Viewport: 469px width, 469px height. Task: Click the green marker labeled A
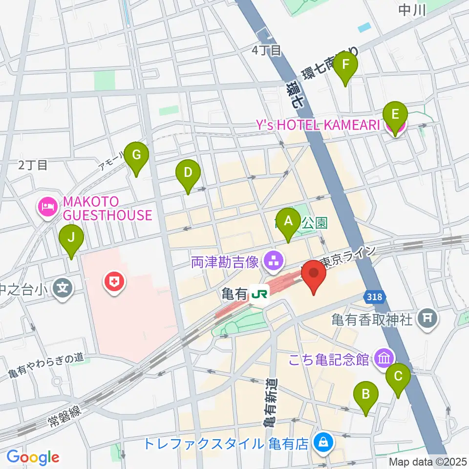(288, 221)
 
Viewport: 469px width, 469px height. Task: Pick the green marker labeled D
(188, 173)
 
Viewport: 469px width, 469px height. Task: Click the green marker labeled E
(396, 116)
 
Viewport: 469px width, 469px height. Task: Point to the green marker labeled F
(346, 65)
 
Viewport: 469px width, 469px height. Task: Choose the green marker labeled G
(136, 156)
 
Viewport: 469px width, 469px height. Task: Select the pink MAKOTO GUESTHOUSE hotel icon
(47, 208)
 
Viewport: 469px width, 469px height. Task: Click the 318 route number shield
(375, 297)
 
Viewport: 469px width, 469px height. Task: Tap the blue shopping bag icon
(323, 443)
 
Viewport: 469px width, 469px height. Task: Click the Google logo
(33, 457)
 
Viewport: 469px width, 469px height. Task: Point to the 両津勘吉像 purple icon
(272, 262)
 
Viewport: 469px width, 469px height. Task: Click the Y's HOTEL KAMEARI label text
(318, 126)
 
